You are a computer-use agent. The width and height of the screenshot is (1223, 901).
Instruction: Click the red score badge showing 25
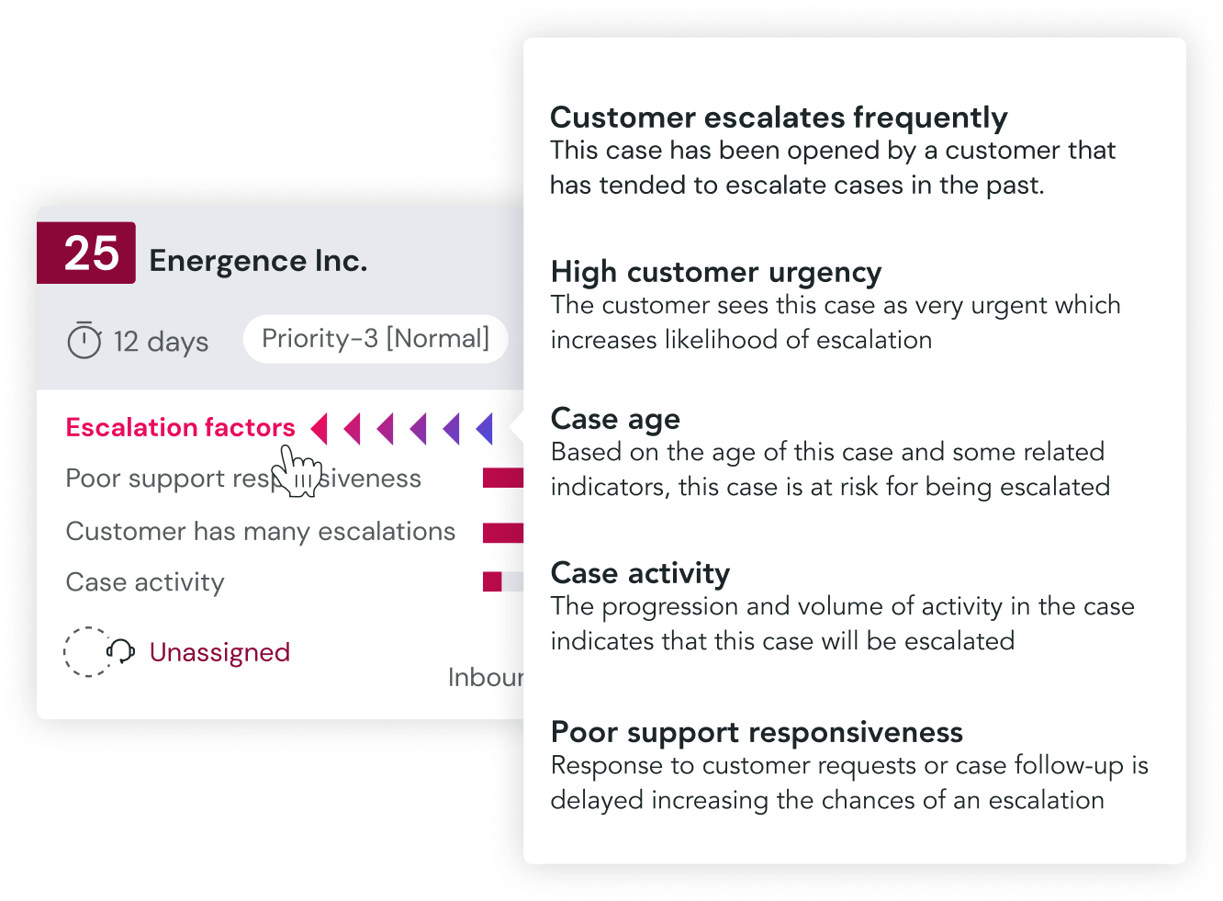coord(86,253)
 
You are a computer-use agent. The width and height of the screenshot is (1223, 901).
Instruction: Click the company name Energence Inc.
coord(258,261)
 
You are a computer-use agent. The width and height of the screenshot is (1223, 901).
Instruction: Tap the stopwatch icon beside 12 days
coord(84,340)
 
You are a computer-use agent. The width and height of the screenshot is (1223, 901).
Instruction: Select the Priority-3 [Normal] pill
coord(376,339)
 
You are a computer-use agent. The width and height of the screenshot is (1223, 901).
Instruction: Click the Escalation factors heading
coord(180,427)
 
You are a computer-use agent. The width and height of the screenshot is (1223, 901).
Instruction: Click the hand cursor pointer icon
coord(297,470)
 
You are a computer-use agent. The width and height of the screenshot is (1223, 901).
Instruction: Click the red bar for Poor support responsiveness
coord(503,478)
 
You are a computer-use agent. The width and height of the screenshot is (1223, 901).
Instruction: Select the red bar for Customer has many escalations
coord(503,533)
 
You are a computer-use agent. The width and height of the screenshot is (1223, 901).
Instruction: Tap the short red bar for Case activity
coord(492,581)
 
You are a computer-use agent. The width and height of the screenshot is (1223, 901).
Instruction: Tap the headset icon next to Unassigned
coord(120,651)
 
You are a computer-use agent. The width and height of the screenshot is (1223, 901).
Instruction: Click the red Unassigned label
coord(219,652)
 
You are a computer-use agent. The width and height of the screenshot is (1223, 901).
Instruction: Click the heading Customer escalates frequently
coord(779,118)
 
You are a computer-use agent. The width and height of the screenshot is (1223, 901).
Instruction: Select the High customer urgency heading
coord(716,273)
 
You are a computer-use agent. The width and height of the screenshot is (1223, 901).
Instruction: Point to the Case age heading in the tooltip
coord(615,420)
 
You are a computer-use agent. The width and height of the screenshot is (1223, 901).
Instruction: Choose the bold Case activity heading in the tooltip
coord(640,573)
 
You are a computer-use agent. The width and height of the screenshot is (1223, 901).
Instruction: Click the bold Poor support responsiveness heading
coord(757,732)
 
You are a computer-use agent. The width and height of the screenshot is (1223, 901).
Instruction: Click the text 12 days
coord(161,342)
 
